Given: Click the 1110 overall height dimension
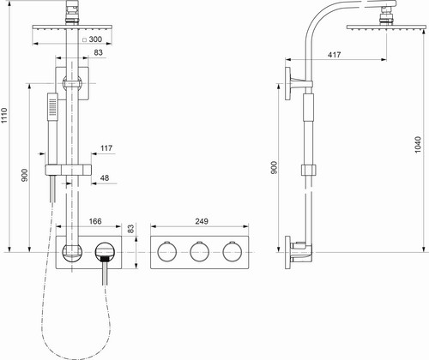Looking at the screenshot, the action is pos(4,116).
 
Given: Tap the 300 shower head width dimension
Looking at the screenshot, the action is pos(95,39).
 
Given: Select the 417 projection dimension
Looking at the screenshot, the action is pos(334,55).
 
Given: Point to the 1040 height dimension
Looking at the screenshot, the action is pos(418,145).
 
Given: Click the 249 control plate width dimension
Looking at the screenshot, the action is pos(202,221).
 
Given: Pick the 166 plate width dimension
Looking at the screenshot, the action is pos(95,221).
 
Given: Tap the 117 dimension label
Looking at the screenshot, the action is pos(106,148).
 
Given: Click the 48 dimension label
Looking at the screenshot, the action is pos(105,177).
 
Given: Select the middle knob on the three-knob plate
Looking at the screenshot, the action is pos(200,251).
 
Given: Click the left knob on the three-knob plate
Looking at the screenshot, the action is pos(167,251).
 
